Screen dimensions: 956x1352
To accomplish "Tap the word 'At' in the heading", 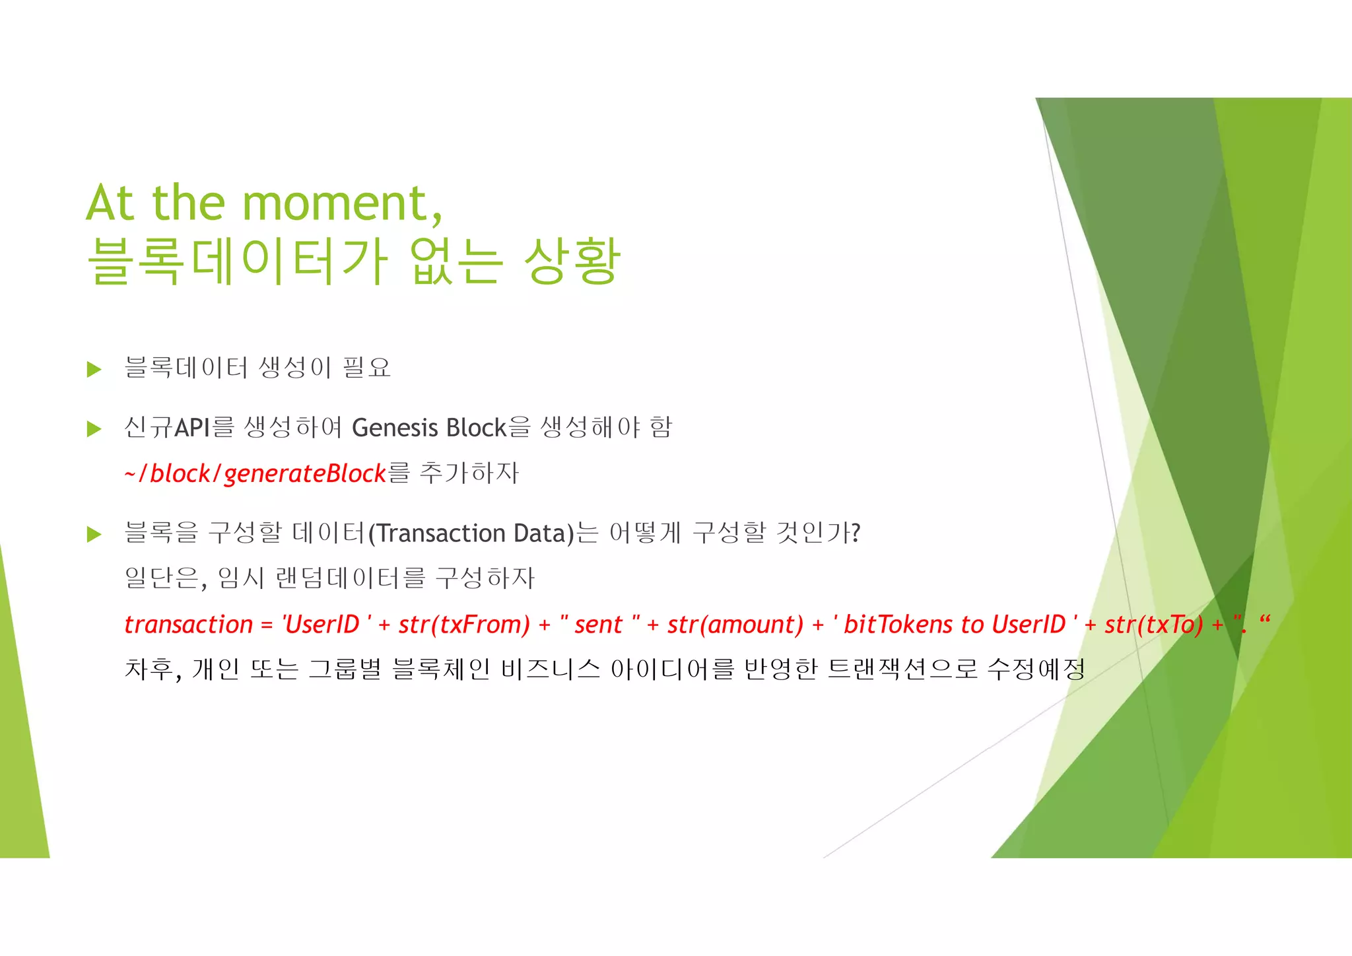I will click(110, 203).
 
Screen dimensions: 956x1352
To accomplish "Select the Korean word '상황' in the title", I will click(572, 261).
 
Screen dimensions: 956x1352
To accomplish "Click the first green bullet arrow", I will click(94, 369).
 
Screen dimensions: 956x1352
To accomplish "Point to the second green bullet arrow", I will click(94, 429).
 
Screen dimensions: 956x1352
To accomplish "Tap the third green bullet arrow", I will click(94, 534).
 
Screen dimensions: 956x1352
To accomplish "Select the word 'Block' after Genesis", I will click(476, 428).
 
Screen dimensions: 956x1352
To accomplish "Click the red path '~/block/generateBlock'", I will click(255, 473).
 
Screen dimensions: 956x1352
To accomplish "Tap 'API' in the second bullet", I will click(192, 428).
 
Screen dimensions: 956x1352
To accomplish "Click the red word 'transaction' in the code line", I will click(189, 624).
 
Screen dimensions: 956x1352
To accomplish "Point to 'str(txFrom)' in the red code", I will click(464, 624).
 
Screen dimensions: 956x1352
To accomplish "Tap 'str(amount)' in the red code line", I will click(735, 624).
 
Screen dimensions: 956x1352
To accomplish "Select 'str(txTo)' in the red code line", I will click(1154, 624).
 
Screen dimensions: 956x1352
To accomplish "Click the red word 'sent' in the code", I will click(598, 624).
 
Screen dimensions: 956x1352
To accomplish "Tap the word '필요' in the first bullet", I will click(367, 368).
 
